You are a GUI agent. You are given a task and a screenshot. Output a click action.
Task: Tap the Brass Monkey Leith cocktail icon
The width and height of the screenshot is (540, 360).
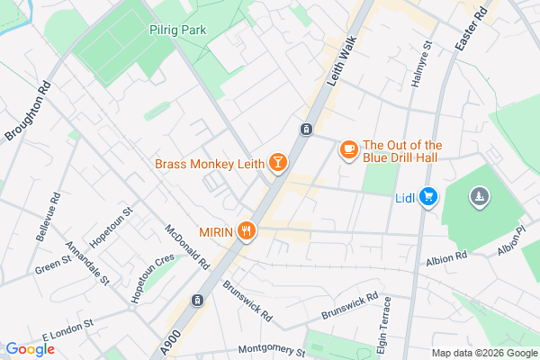click(x=279, y=163)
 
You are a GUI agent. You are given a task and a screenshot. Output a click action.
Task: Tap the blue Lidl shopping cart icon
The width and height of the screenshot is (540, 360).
click(x=428, y=197)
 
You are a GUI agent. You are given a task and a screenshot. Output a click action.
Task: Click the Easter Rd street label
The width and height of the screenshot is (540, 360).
click(x=473, y=28)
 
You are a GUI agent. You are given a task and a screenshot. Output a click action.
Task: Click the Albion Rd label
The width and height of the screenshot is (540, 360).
click(x=448, y=257)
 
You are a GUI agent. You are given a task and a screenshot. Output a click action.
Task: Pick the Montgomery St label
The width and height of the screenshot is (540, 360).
click(x=273, y=349)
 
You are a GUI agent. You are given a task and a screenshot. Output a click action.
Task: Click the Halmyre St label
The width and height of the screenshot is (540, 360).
click(x=417, y=65)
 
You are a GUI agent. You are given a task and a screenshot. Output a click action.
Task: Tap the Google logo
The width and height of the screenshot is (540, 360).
click(x=30, y=349)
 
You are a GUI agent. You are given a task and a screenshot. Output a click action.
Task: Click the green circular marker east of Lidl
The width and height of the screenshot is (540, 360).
click(x=480, y=196)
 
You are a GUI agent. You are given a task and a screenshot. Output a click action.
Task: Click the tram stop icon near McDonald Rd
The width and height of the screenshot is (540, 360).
click(x=197, y=300)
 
